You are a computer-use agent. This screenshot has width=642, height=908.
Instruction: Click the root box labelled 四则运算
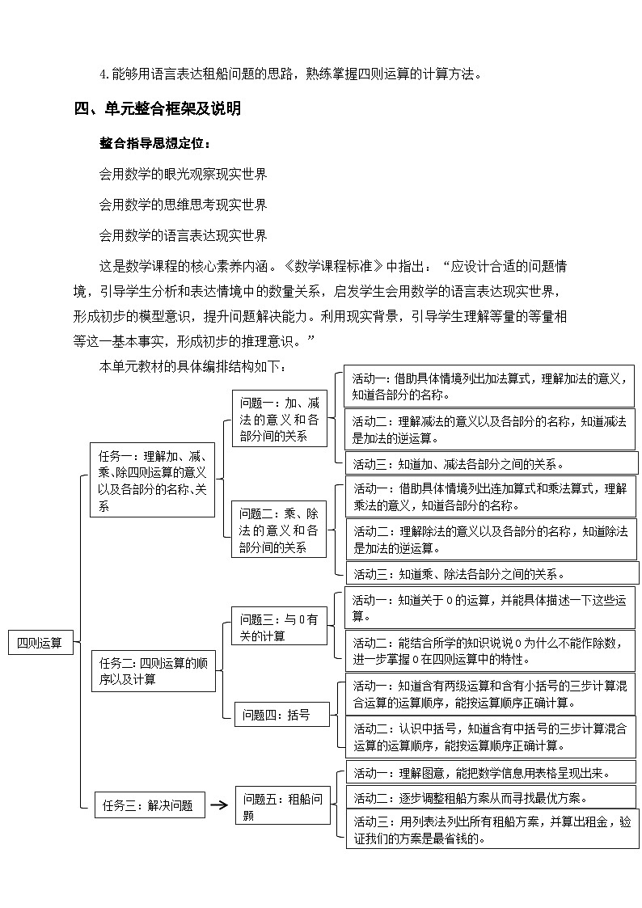(x=40, y=644)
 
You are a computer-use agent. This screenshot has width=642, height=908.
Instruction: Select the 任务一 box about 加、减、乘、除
(x=152, y=480)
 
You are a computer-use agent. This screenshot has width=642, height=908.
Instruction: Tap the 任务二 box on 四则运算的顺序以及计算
(x=153, y=672)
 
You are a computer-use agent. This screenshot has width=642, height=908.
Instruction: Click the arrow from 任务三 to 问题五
(x=218, y=805)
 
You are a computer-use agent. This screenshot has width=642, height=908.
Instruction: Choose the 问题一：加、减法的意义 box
(x=279, y=419)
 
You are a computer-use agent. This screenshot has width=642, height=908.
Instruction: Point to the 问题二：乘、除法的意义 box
(x=279, y=530)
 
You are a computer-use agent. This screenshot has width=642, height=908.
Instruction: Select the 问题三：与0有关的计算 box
(x=279, y=627)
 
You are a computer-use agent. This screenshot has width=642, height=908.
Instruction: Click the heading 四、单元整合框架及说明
(x=157, y=108)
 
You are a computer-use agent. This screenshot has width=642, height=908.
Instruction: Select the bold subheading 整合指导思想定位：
(x=154, y=144)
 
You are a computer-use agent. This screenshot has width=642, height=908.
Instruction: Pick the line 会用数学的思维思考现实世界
(x=183, y=205)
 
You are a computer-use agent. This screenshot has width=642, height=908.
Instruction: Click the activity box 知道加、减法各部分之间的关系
(x=491, y=464)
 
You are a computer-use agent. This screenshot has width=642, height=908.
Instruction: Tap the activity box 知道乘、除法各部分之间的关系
(x=491, y=574)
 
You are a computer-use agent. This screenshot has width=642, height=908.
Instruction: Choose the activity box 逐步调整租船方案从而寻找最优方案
(x=491, y=798)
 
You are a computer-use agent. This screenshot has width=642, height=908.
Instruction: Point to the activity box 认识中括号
(x=491, y=736)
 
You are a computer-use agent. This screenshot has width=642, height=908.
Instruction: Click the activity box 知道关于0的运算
(x=491, y=608)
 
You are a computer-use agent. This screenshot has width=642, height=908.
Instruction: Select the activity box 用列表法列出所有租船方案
(x=491, y=830)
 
